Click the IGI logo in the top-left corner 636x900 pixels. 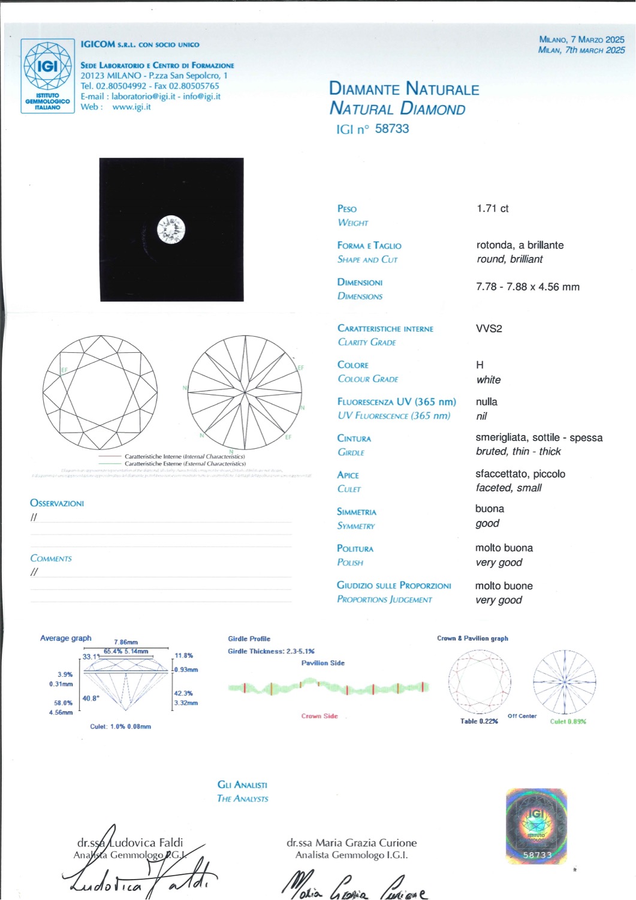[47, 76]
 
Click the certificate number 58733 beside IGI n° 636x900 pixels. [391, 128]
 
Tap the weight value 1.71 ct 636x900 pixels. [492, 208]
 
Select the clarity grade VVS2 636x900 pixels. [489, 328]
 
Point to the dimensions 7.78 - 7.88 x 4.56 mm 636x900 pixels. [528, 287]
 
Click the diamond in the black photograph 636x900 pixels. [171, 230]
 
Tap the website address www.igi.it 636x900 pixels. [131, 107]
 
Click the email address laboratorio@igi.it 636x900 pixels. [143, 96]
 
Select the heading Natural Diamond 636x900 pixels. [397, 109]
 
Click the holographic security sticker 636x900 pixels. [536, 826]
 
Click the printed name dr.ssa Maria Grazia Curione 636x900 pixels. [351, 842]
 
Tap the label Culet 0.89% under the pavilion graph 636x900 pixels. [568, 721]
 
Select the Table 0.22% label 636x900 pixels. [479, 721]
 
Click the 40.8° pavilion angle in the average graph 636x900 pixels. [91, 698]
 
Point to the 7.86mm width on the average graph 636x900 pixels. [126, 642]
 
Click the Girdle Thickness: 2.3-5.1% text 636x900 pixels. [271, 651]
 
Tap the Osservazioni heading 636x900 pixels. [57, 503]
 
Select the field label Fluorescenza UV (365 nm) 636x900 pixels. [396, 401]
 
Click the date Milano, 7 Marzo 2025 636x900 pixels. [581, 40]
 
